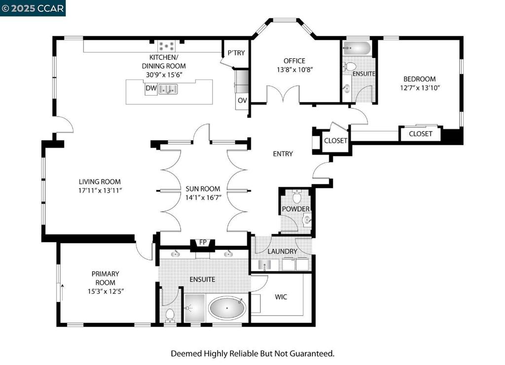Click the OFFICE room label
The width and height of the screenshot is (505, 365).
coord(294,61)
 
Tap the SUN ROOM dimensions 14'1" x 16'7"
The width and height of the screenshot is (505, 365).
coord(203,198)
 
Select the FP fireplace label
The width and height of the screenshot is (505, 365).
coord(203,242)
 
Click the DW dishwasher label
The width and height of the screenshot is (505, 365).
coord(151,88)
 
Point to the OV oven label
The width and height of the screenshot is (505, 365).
coord(242,100)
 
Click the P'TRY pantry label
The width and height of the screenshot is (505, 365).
coord(236,53)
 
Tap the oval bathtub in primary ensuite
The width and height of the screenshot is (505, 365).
coord(227,308)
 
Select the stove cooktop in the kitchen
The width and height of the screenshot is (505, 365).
coord(167,46)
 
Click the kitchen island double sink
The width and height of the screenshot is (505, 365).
coord(168,89)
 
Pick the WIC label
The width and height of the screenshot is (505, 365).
coord(281,297)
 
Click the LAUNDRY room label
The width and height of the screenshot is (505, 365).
coord(283,251)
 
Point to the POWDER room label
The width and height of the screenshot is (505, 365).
coord(296,209)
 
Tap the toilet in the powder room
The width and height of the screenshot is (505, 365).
coord(297,196)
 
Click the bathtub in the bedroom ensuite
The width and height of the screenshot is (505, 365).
coord(357,48)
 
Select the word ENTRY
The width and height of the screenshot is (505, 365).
coord(283,154)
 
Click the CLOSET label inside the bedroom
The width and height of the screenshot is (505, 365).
coord(420,134)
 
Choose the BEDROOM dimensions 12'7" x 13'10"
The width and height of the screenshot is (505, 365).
coord(420,88)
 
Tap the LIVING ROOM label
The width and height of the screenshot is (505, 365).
coord(100,182)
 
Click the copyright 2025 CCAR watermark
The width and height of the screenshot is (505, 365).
coord(33,8)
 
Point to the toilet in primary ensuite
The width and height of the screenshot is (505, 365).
coord(170,315)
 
